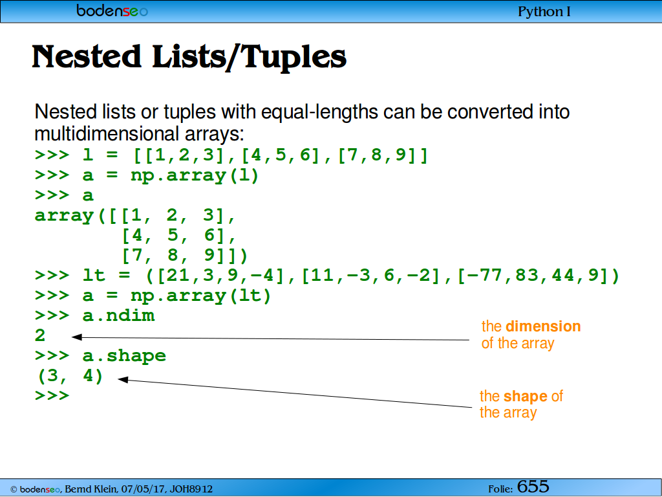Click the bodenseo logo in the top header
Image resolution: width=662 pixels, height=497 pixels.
112,10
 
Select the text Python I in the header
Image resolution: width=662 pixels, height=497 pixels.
544,12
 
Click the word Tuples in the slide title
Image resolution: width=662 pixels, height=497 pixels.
294,57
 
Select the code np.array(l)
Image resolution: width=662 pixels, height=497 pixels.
195,175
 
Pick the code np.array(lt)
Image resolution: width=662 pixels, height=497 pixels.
200,296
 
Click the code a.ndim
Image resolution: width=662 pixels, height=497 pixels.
119,316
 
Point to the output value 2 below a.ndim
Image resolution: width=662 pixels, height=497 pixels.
40,336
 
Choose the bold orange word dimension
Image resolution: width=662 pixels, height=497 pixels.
543,326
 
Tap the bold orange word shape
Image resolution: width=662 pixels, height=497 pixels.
525,397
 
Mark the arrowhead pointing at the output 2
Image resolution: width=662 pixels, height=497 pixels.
76,337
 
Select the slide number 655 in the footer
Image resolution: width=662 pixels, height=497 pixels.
533,487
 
